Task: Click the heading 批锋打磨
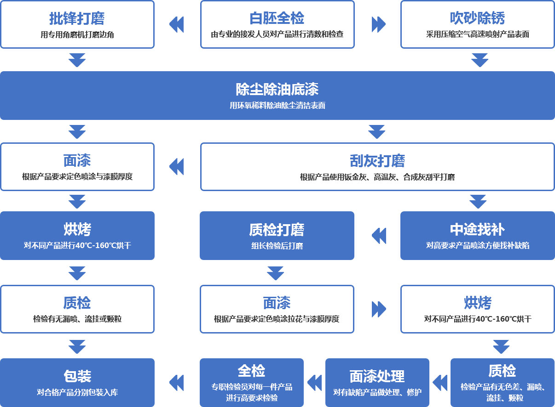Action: click(x=77, y=18)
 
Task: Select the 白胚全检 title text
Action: click(x=277, y=18)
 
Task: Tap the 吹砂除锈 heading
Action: click(x=477, y=18)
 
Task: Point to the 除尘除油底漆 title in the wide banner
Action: click(x=277, y=89)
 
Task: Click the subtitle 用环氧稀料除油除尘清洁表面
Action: click(x=277, y=106)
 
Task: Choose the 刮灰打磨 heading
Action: click(x=377, y=161)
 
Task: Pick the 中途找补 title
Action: click(x=477, y=230)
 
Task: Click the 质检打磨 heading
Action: click(x=277, y=230)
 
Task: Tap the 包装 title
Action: click(x=77, y=376)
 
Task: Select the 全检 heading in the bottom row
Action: click(x=251, y=371)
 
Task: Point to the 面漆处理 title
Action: click(x=377, y=376)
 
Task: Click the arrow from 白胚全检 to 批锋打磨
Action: click(x=177, y=24)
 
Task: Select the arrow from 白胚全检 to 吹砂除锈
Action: click(x=378, y=24)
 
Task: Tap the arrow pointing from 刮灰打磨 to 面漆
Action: click(x=177, y=167)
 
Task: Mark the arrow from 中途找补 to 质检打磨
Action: click(x=379, y=236)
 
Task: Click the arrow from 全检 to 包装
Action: click(x=177, y=383)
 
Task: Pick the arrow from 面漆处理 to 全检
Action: click(x=314, y=383)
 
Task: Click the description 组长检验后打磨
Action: click(x=277, y=246)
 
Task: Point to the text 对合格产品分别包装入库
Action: click(x=77, y=392)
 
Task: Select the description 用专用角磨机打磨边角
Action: click(x=77, y=34)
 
